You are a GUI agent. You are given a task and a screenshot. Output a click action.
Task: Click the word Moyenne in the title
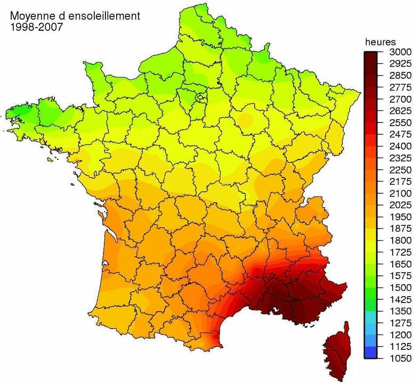click(29, 16)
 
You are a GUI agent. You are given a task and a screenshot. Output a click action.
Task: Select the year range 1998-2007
click(36, 27)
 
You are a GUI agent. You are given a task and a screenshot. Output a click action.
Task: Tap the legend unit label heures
click(380, 42)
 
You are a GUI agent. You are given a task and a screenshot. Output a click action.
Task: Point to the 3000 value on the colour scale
click(400, 53)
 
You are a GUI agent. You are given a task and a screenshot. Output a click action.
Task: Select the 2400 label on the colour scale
click(400, 146)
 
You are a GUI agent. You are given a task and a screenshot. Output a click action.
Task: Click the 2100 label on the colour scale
click(400, 193)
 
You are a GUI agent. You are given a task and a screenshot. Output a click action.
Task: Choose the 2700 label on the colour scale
click(400, 100)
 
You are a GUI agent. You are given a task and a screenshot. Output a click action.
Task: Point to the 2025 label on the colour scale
click(400, 205)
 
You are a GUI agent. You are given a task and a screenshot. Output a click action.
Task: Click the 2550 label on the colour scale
click(400, 123)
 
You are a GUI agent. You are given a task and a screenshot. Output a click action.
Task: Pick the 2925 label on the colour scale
click(400, 64)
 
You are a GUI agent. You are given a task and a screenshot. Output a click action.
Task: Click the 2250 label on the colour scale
click(400, 170)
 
